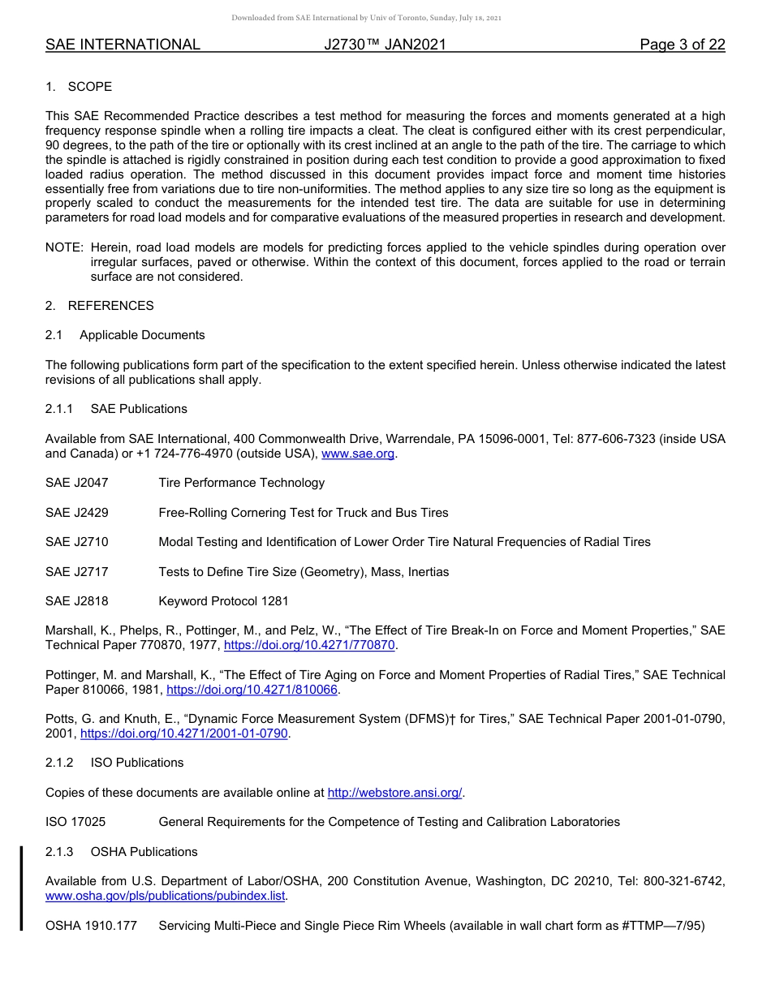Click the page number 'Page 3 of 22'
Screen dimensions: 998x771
(x=682, y=45)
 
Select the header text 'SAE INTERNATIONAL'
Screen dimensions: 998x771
(x=123, y=45)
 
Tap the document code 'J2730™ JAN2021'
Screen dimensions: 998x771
(x=385, y=45)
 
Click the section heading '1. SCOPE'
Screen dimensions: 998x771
(x=79, y=87)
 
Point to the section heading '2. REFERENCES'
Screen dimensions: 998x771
(x=99, y=306)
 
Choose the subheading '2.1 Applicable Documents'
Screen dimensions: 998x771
(x=125, y=335)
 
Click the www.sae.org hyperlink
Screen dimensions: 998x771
(x=358, y=454)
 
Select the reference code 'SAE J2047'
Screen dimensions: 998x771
(x=76, y=483)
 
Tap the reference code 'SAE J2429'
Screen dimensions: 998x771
(x=76, y=513)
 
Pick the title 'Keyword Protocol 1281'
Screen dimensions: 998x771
(x=223, y=601)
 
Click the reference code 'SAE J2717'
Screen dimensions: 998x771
(x=76, y=572)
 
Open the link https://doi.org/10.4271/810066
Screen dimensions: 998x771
(x=252, y=690)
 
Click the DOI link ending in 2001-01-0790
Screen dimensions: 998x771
(x=184, y=733)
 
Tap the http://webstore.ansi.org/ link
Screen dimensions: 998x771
(x=394, y=793)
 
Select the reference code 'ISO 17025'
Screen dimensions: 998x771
(x=75, y=822)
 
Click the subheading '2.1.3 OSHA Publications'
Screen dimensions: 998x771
(x=121, y=852)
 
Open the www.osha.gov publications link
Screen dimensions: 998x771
(x=166, y=896)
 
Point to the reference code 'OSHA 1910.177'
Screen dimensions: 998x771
(x=86, y=926)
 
